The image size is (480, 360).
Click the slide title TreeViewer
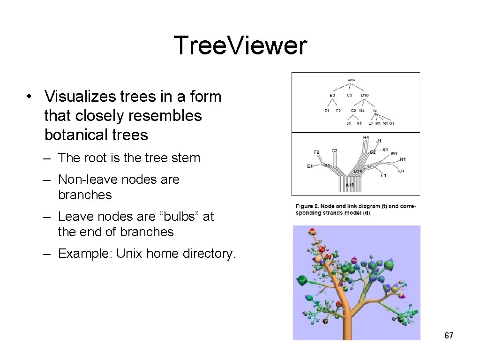point(240,46)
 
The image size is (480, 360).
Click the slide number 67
point(449,335)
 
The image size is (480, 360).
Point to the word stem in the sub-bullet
point(187,158)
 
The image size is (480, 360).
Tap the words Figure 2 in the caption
point(308,206)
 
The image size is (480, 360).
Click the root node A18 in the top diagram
point(352,80)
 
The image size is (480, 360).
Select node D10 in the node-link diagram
point(365,95)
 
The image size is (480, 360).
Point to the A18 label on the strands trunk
point(350,185)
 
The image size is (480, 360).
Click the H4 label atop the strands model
point(366,137)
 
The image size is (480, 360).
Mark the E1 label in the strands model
point(310,166)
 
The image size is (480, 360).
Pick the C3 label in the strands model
point(335,150)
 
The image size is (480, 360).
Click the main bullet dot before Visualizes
point(30,97)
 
